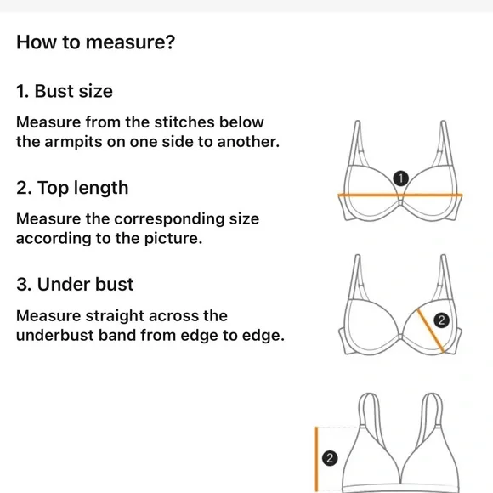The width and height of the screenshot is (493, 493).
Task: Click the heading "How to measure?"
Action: [95, 42]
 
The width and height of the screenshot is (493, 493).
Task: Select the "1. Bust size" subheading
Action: [65, 91]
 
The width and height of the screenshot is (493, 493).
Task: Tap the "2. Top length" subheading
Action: [72, 188]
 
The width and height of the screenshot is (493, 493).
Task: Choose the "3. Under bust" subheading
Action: [75, 284]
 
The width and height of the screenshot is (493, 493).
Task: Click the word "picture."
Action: [171, 238]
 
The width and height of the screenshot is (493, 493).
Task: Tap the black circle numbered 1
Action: [400, 178]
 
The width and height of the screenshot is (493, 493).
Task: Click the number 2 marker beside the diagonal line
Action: [440, 320]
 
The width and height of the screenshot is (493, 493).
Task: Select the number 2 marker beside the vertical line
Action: [331, 459]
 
